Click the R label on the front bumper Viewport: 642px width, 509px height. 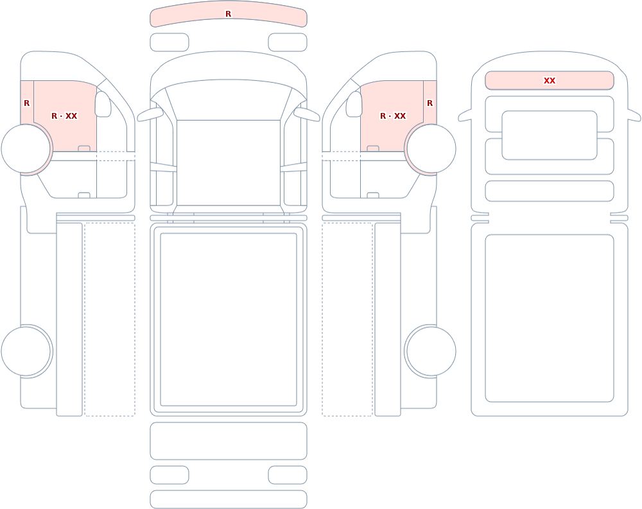228,14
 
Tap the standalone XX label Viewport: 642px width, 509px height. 550,81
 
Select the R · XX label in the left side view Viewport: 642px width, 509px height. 64,116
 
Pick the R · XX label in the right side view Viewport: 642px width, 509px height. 393,116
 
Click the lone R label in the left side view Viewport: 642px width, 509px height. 26,103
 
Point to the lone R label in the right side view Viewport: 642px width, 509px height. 429,103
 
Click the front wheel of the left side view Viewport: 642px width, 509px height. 26,148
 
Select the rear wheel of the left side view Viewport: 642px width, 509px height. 26,351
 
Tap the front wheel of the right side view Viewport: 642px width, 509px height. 431,148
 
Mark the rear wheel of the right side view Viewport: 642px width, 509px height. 431,351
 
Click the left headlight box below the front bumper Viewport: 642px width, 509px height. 169,42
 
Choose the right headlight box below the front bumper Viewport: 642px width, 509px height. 288,42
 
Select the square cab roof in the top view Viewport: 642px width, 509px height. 229,162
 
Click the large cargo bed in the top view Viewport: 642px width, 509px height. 229,320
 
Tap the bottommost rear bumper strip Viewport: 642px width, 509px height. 229,499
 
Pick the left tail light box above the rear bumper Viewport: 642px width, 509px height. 169,475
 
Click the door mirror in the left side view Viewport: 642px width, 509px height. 103,104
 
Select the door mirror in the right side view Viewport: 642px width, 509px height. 354,104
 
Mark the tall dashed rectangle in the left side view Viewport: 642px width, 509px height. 110,320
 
